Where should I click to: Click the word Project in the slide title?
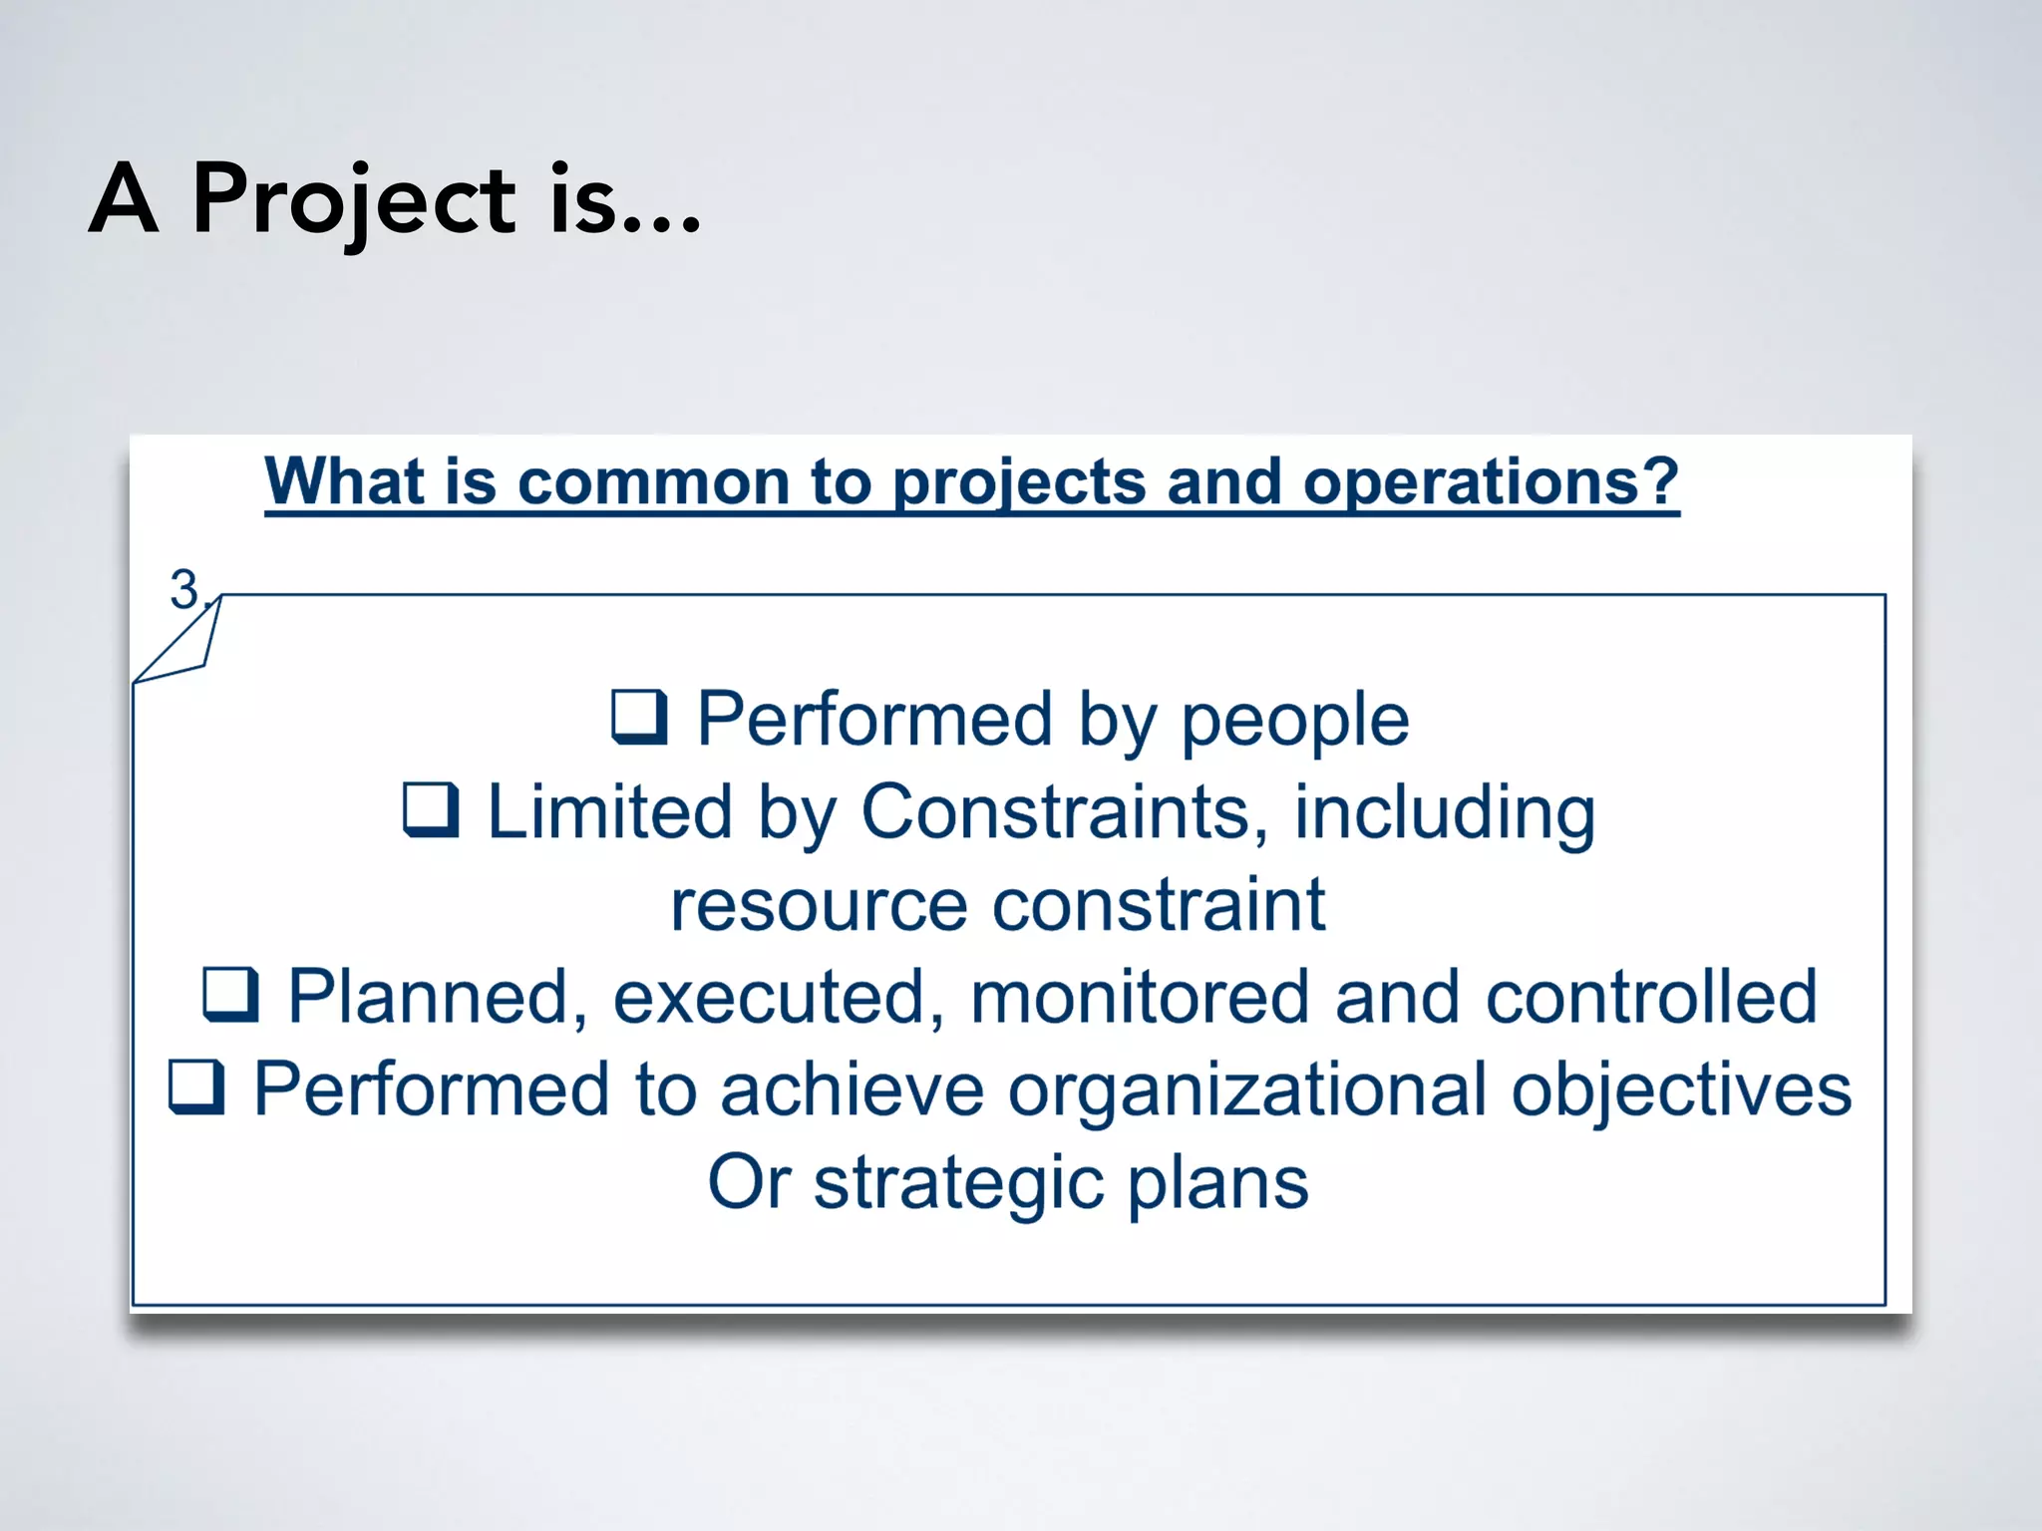[354, 200]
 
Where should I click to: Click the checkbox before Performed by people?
[638, 718]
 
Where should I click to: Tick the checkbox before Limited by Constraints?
[431, 809]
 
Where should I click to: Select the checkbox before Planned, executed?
[231, 995]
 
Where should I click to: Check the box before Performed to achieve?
[196, 1086]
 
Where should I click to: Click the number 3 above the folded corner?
[184, 589]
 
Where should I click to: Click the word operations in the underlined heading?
[1491, 482]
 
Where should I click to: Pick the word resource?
[819, 905]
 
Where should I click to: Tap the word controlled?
[1651, 997]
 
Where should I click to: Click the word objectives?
[1681, 1088]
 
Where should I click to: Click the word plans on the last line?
[1217, 1183]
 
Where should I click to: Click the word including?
[1445, 811]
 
